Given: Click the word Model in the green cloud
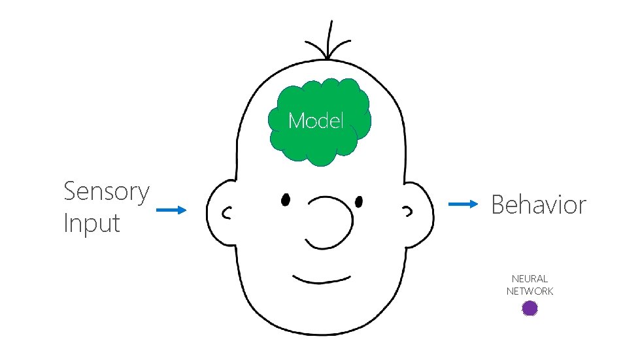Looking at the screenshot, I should [316, 121].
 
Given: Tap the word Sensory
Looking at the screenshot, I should [107, 192].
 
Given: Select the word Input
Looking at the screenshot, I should [92, 223].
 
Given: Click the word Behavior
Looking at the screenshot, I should [539, 205].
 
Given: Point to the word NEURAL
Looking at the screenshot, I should [530, 279].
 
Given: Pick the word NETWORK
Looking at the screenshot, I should [530, 291].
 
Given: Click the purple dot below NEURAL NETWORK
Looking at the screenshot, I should [530, 308].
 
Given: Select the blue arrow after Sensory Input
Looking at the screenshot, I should [171, 210].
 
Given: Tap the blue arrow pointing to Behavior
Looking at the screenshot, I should [463, 204].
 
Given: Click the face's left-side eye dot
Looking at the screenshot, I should [286, 199].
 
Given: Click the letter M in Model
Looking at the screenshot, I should [296, 121].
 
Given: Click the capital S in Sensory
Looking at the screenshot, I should [71, 192].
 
